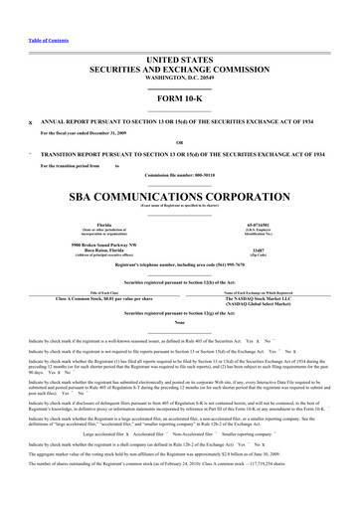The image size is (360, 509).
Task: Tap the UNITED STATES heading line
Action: point(179,33)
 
